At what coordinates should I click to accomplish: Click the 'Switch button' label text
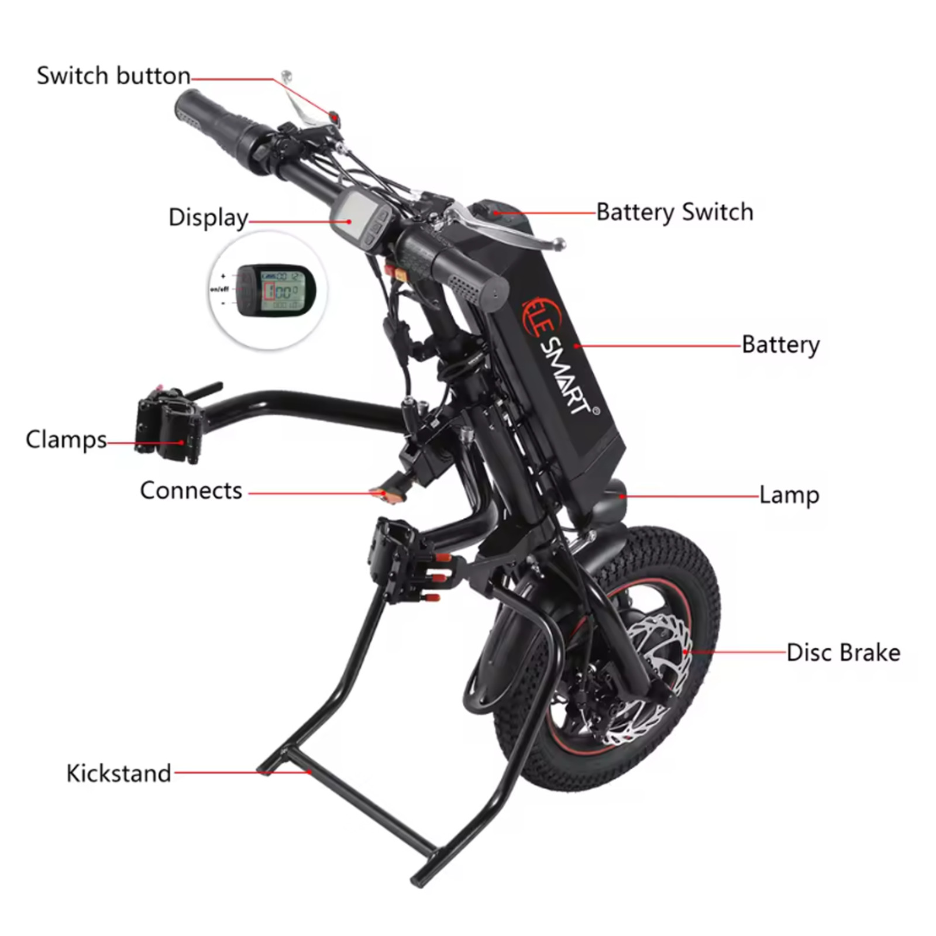113,76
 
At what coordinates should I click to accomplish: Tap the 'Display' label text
208,218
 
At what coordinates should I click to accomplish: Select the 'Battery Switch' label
675,212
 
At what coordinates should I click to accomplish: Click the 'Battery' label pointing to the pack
780,345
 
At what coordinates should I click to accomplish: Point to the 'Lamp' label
789,495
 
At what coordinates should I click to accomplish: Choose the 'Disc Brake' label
843,652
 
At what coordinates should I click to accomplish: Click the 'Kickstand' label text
119,773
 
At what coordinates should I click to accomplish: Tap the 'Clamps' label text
66,439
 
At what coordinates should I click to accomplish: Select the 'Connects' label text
191,490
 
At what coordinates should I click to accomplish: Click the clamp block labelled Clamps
170,424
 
